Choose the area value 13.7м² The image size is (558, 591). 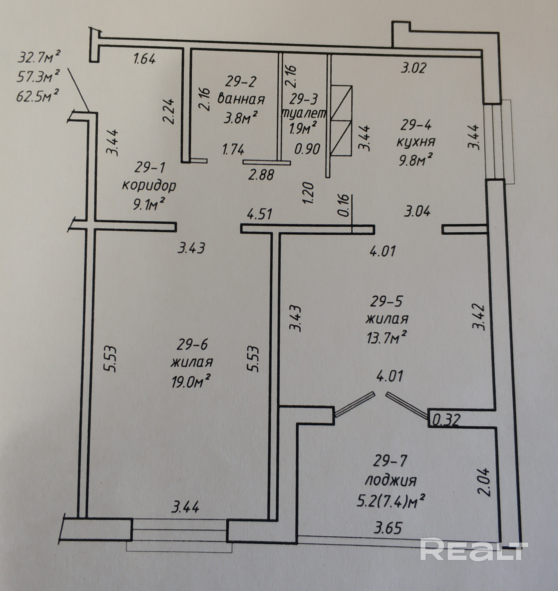(x=386, y=338)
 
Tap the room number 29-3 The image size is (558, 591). (x=303, y=99)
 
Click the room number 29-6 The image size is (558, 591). (x=192, y=345)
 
